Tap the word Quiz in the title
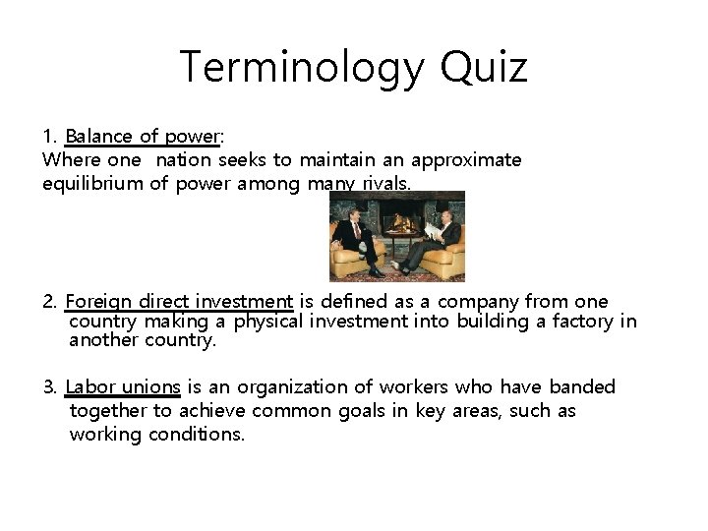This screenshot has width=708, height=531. tap(485, 68)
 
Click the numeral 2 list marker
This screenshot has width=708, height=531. tap(49, 302)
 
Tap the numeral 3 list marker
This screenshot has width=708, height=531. tap(49, 387)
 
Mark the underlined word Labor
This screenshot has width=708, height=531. tap(90, 387)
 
